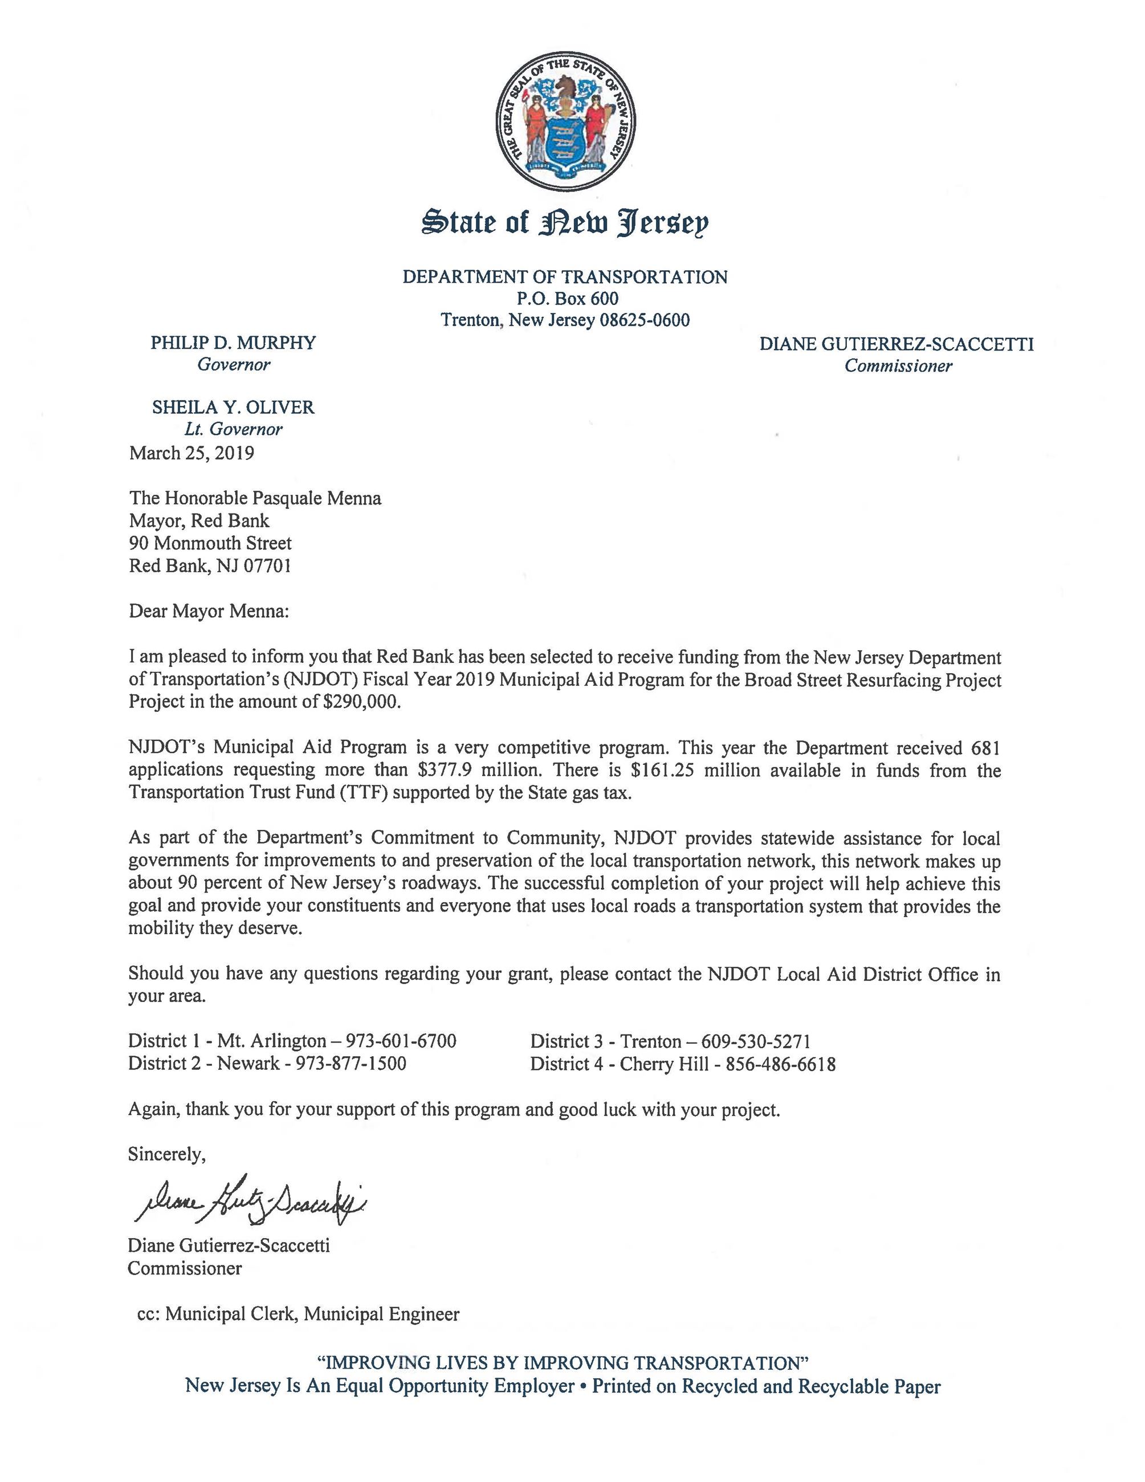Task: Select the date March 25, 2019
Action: click(191, 453)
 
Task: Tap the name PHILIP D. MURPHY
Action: click(233, 342)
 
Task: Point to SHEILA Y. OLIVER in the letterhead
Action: click(233, 407)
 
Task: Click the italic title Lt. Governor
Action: click(233, 429)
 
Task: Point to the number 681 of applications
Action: click(985, 748)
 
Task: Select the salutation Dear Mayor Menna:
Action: click(209, 612)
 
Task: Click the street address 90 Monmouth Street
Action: click(210, 543)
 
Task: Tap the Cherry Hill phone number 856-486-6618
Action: click(780, 1063)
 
